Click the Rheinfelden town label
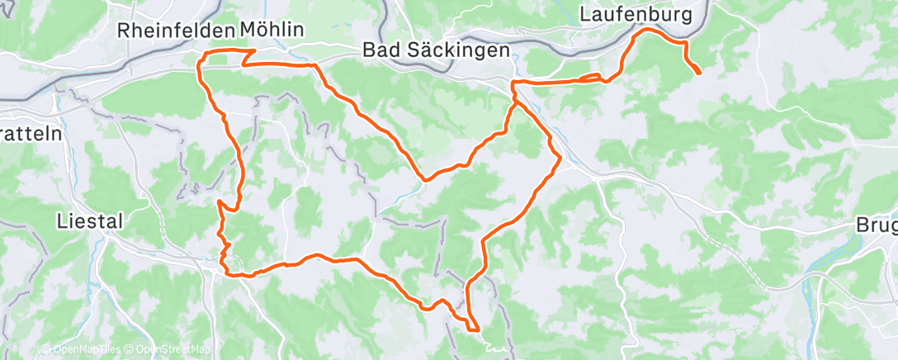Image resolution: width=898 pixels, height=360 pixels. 176,30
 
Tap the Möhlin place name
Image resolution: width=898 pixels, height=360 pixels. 272,30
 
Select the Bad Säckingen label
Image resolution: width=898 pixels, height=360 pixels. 436,50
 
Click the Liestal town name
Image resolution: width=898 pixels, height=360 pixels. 89,220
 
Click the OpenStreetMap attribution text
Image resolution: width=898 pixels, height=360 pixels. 173,349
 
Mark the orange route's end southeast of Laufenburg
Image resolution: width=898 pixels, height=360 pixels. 699,73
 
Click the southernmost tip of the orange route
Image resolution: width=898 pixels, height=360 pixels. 477,330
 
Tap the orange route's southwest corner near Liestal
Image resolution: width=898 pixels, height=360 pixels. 224,268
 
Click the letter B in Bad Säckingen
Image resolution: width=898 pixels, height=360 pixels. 370,50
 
